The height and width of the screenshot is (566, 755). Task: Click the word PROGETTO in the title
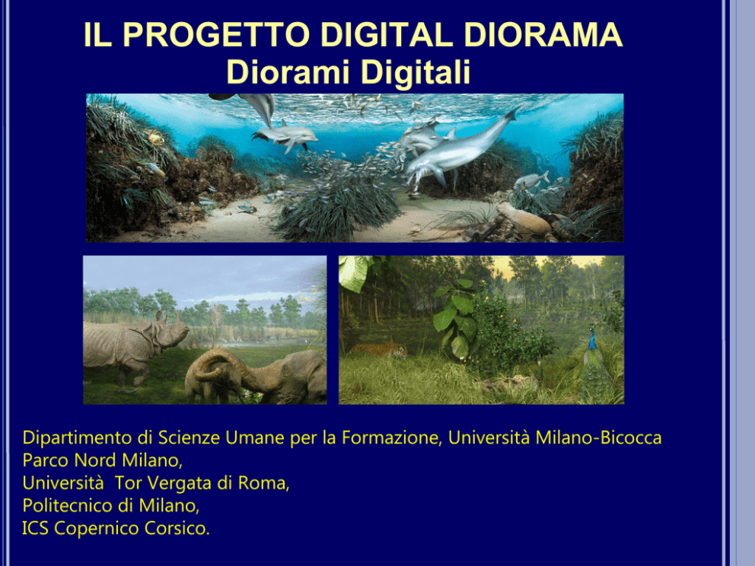coord(216,35)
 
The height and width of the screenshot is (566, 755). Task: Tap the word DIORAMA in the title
coord(543,35)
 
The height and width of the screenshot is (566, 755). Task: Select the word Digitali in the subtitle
coord(415,72)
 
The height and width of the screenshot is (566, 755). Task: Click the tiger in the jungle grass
coord(379,350)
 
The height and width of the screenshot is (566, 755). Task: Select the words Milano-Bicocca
coord(598,437)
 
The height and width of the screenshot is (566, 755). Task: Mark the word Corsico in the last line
coord(175,529)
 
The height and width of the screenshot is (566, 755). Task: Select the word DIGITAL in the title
coord(387,35)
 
